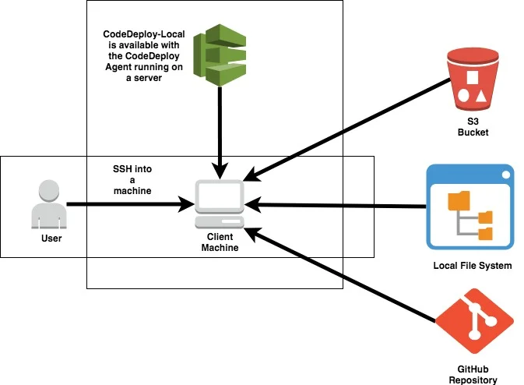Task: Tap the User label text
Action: coord(51,237)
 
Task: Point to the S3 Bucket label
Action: coord(472,127)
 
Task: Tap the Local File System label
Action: coord(472,266)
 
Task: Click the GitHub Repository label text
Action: coord(472,374)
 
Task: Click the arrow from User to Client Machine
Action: coord(128,204)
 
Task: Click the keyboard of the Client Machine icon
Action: coord(219,222)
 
